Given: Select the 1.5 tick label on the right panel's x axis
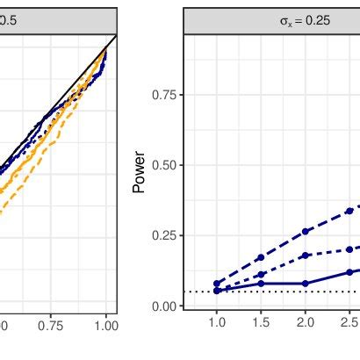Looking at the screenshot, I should (261, 322).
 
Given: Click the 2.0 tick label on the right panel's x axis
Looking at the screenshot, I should (305, 322).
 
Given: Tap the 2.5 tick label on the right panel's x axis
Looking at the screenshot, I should (349, 322).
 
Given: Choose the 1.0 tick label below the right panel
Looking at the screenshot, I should (217, 322).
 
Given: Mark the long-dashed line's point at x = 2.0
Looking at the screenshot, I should (305, 232).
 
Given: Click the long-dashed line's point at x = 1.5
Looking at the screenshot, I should (261, 258).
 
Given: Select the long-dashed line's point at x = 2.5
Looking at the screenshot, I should (349, 211).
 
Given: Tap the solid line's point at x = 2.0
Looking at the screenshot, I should (305, 283).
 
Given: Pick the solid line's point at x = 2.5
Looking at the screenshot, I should (349, 271).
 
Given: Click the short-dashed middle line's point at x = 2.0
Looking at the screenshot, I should (305, 256).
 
